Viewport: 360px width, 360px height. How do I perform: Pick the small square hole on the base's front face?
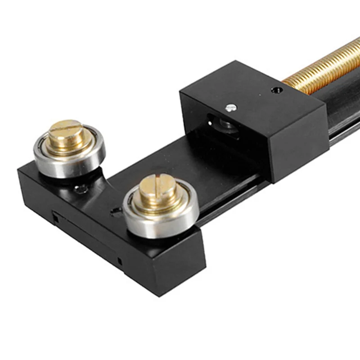[x=119, y=261]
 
